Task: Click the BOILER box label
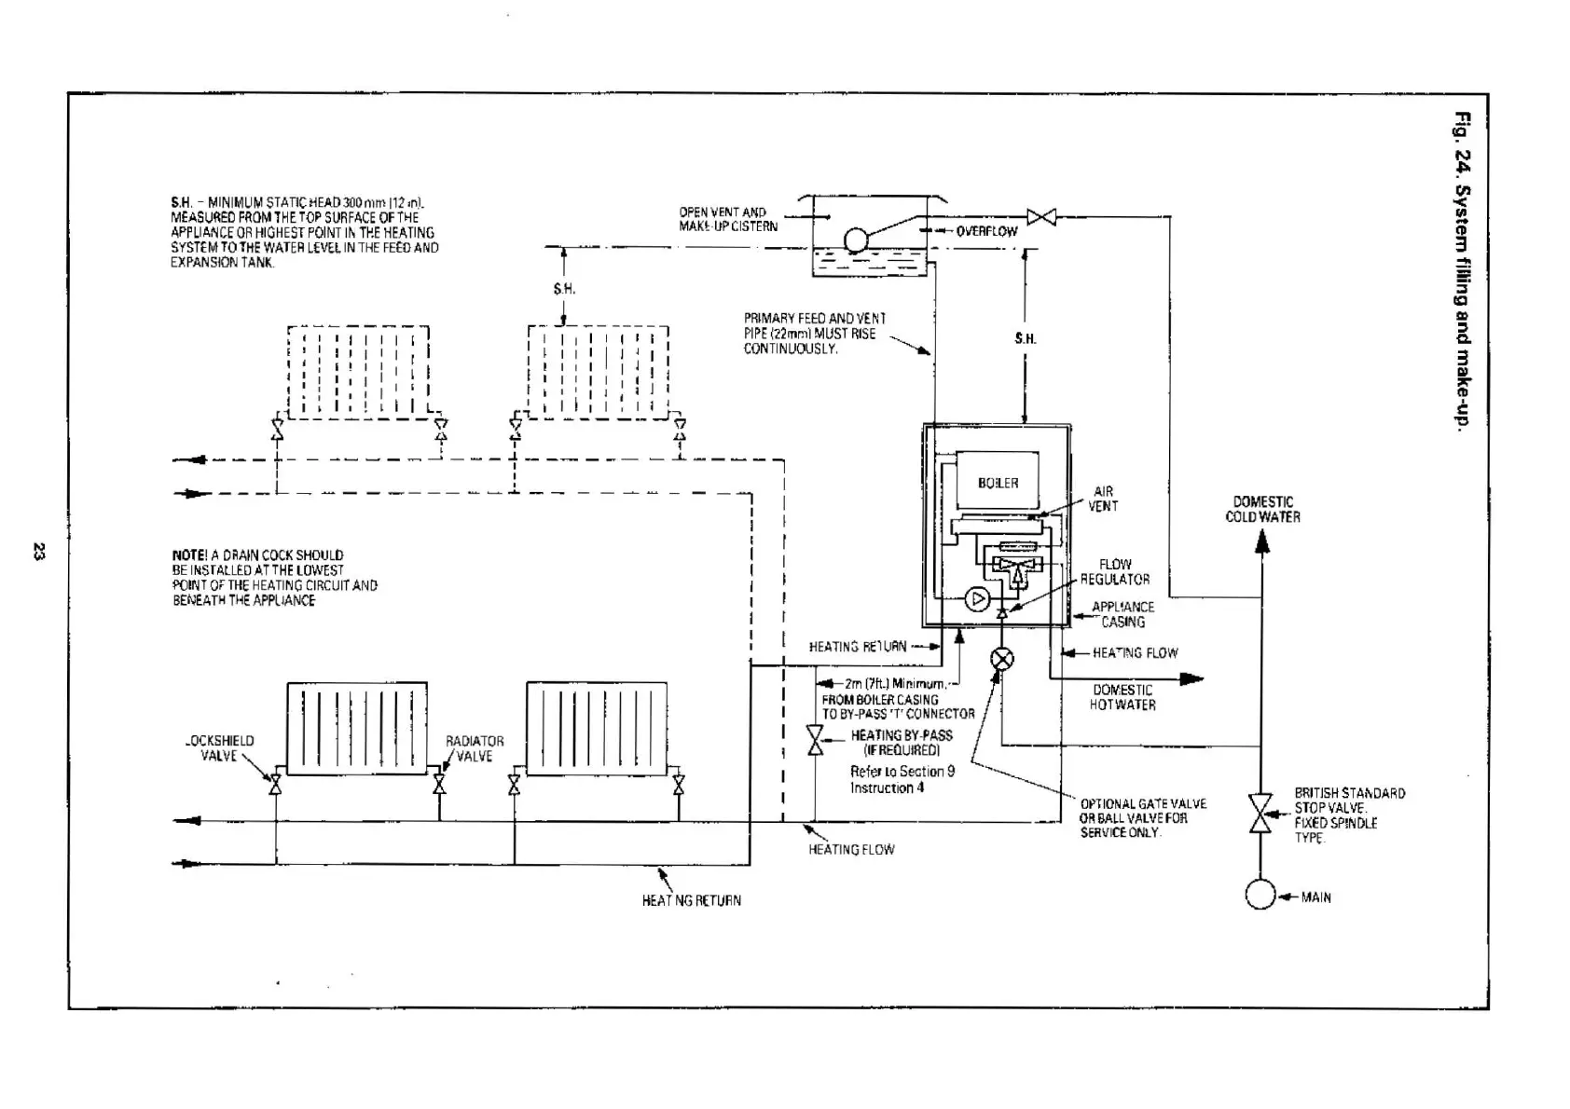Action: point(998,483)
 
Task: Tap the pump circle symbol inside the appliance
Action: point(977,599)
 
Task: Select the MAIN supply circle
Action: point(1260,895)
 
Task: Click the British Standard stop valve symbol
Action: point(1260,814)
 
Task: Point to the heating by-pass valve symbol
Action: point(816,742)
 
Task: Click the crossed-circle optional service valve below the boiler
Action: point(1002,660)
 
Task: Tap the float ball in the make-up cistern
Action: point(855,240)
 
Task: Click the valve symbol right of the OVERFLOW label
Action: point(1040,217)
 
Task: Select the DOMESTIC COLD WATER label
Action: point(1262,509)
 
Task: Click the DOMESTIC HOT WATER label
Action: point(1122,697)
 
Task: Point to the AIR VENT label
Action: point(1103,499)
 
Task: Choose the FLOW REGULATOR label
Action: point(1115,571)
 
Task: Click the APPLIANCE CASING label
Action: point(1122,614)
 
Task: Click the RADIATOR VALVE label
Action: point(475,748)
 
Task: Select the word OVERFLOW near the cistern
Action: point(986,231)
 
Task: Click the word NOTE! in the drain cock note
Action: point(194,555)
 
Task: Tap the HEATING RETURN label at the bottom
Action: point(691,900)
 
